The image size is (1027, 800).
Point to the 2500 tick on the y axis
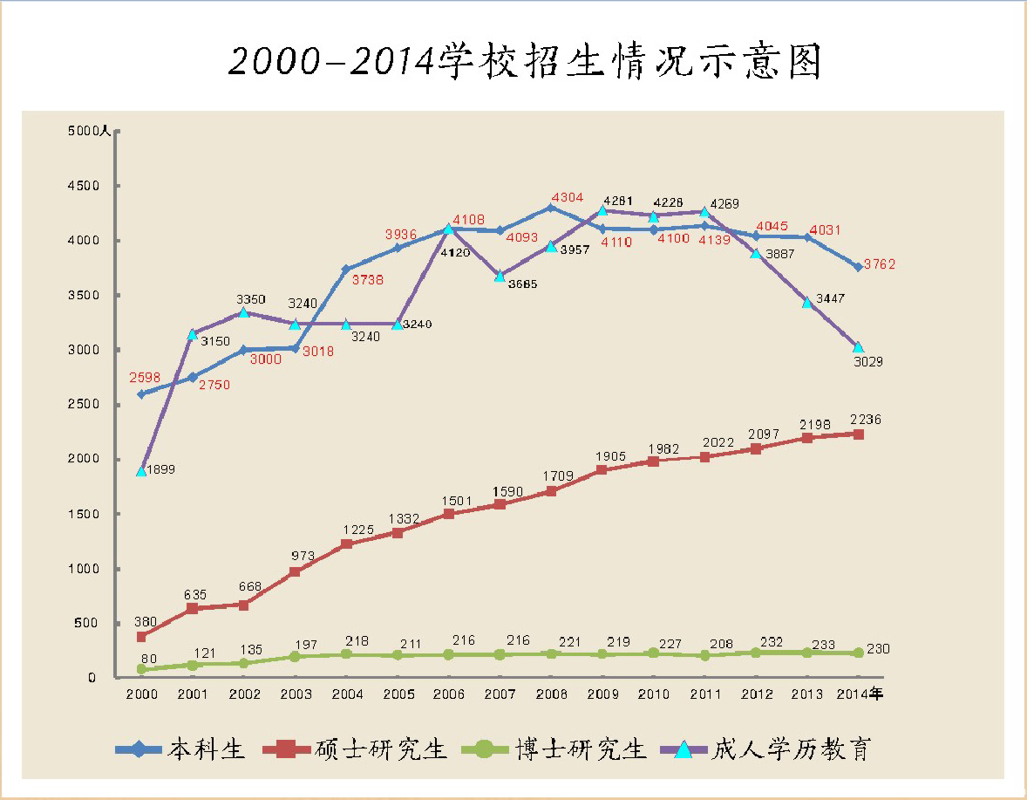coord(84,405)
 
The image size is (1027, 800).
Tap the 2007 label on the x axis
coord(500,694)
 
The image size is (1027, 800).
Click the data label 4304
coord(567,198)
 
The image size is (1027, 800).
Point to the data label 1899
coord(160,469)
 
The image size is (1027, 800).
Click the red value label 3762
coord(880,265)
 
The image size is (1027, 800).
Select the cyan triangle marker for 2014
coord(858,347)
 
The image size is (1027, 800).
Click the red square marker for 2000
coord(141,637)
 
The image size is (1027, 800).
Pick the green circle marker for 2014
coord(858,653)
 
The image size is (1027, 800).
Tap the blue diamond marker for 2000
coord(141,394)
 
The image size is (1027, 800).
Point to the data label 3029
coord(868,361)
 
